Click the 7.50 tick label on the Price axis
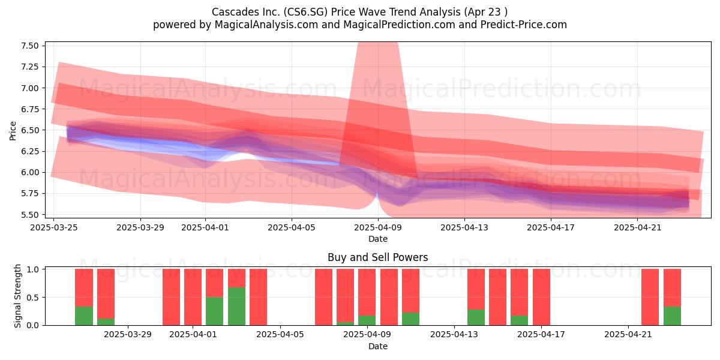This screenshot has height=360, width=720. pyautogui.click(x=29, y=46)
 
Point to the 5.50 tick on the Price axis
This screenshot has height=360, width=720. pyautogui.click(x=29, y=215)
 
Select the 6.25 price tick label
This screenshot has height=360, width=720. pyautogui.click(x=29, y=151)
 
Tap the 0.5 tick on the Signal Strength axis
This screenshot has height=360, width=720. pyautogui.click(x=33, y=298)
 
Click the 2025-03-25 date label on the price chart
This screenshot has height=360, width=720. pyautogui.click(x=53, y=227)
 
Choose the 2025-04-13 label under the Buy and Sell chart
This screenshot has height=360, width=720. pyautogui.click(x=454, y=334)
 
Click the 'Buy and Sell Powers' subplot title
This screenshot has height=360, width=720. pyautogui.click(x=377, y=257)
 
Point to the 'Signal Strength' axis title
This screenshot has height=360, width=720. pyautogui.click(x=17, y=296)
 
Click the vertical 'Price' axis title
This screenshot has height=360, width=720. pyautogui.click(x=13, y=131)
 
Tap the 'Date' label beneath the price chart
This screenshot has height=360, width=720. pyautogui.click(x=377, y=239)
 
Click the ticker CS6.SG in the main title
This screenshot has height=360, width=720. pyautogui.click(x=305, y=12)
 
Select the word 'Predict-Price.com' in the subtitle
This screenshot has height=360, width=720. pyautogui.click(x=524, y=25)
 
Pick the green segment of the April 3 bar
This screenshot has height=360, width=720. pyautogui.click(x=236, y=306)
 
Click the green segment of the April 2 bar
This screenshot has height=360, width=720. pyautogui.click(x=214, y=311)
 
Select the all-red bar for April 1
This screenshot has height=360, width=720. pyautogui.click(x=193, y=297)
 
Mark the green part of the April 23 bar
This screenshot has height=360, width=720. pyautogui.click(x=672, y=316)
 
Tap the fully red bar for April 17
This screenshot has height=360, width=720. pyautogui.click(x=541, y=297)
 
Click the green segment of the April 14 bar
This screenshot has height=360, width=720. pyautogui.click(x=476, y=317)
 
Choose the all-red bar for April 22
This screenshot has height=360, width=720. pyautogui.click(x=650, y=297)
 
